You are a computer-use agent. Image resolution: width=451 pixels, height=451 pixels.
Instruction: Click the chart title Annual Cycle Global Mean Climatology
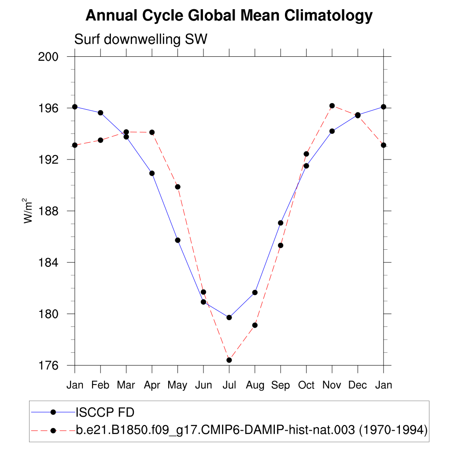coord(229,16)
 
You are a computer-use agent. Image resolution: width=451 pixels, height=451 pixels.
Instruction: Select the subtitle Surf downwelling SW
coord(140,40)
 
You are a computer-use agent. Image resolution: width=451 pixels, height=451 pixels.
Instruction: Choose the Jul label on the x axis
coord(229,385)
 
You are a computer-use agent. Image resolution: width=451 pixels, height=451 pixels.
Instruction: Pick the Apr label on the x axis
coord(152,385)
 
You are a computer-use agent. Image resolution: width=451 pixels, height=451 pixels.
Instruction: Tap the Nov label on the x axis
coord(332,385)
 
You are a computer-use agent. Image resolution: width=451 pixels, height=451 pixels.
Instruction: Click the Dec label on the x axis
coord(358,385)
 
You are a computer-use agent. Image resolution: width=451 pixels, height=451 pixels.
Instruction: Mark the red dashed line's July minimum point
coord(229,360)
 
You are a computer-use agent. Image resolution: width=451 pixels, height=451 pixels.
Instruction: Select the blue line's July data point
coord(229,318)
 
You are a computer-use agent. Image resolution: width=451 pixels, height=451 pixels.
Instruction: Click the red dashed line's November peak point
coord(332,106)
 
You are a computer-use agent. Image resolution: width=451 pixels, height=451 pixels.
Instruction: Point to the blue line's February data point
coord(100,113)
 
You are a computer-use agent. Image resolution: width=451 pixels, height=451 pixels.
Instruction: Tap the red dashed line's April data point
coord(152,132)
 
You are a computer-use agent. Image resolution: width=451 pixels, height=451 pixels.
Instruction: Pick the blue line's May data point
coord(177,240)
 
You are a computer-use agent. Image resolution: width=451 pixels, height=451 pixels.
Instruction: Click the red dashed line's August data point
coord(255,325)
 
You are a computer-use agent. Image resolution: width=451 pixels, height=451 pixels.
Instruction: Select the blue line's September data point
coord(281,223)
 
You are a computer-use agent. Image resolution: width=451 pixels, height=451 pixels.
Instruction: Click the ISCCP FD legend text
coord(105,413)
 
